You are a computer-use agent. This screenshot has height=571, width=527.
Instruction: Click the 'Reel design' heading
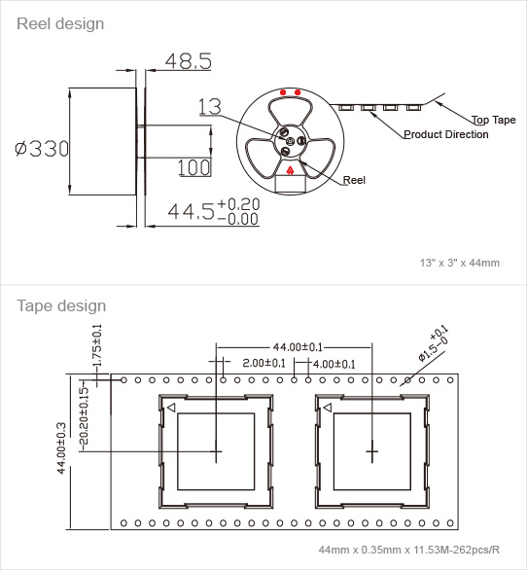(x=60, y=24)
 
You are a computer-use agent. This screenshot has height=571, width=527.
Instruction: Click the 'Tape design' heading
(x=61, y=305)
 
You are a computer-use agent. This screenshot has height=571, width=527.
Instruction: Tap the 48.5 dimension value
(x=189, y=61)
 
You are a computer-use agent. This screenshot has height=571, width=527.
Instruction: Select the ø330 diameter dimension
(x=42, y=149)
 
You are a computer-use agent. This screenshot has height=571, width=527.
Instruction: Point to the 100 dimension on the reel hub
(x=194, y=167)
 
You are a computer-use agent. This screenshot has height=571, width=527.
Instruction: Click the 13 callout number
(x=210, y=106)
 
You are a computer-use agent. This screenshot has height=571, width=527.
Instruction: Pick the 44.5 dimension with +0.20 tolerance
(x=214, y=211)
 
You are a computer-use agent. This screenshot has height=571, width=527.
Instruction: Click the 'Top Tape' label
(x=494, y=120)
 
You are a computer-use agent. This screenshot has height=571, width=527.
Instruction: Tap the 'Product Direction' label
(x=446, y=134)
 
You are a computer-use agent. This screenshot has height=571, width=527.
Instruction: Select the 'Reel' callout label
(x=354, y=180)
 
